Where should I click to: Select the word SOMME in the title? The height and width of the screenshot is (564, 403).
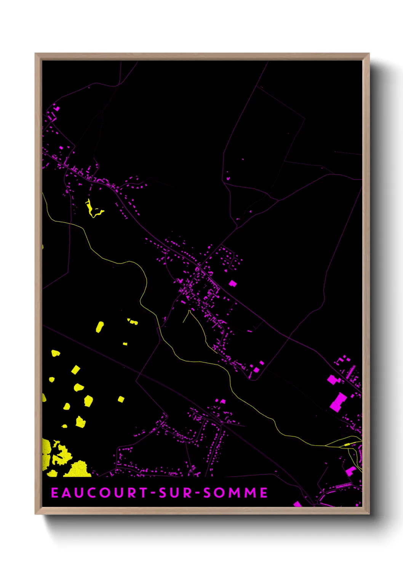pos(235,492)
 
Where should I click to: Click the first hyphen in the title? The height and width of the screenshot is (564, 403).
pos(152,493)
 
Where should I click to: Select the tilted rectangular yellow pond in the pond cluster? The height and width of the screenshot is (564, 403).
pos(75,369)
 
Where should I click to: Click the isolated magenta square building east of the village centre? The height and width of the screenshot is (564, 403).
pos(232,283)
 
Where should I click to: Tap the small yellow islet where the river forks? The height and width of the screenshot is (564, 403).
pos(346,444)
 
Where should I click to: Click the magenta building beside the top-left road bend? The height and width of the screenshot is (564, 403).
pos(57,108)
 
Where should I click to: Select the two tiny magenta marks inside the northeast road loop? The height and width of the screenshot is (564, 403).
pos(228,177)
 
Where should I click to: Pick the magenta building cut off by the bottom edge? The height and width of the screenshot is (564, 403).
pos(297,504)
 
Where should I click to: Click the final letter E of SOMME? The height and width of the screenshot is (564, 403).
pos(264,492)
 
